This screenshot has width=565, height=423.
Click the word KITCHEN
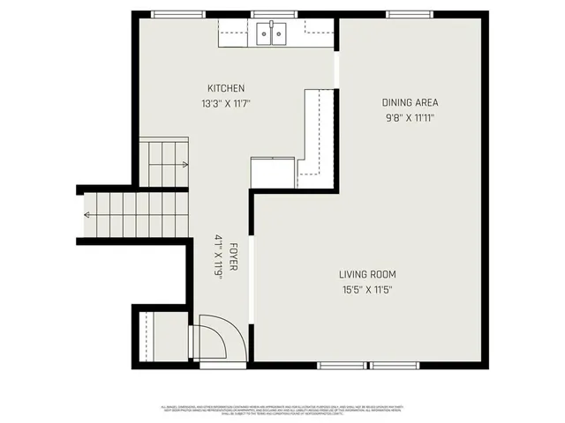226,88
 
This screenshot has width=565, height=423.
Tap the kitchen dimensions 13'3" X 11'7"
226,103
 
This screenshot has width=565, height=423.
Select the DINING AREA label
410,102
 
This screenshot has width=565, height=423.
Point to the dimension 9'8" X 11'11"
411,116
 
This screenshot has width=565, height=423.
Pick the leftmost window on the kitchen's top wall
171,14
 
